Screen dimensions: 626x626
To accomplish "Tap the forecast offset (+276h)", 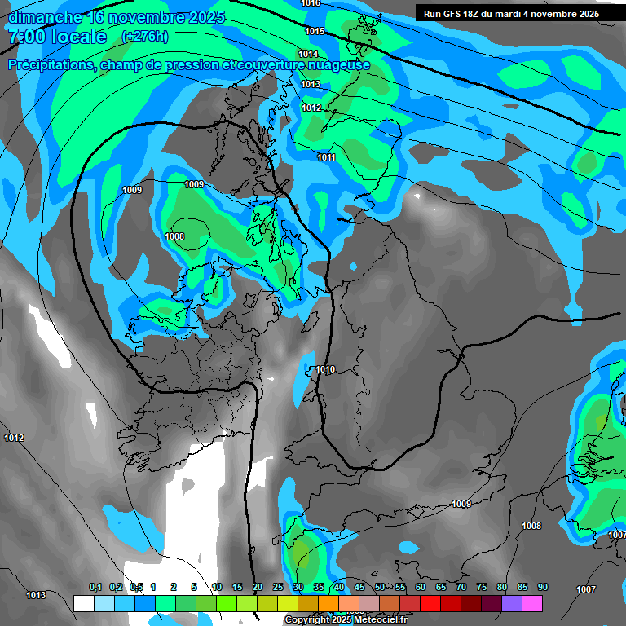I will coord(144,36).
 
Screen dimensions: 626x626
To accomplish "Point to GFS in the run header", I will coord(450,14).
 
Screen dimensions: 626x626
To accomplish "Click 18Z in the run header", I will coord(473,14).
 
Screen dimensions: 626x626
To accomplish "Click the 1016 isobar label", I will coord(311,3).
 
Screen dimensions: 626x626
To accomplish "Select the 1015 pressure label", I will coord(315,31).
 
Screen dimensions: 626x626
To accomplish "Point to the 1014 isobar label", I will coord(308,54).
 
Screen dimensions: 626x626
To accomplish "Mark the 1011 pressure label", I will coord(326,157).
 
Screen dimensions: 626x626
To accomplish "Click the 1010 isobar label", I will coord(325,369).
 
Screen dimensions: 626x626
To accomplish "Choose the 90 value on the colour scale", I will coord(542,588).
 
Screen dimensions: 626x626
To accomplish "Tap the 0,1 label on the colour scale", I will coord(95,588).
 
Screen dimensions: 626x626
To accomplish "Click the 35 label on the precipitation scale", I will coord(318,588).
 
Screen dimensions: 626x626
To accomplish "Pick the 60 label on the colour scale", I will coord(420,588).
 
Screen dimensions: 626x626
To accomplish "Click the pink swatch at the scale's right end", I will coord(531,603).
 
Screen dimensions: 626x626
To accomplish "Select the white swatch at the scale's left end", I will coord(83,603).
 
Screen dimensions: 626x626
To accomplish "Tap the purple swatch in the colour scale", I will coord(511,603).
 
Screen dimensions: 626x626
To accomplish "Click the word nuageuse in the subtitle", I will coord(334,65).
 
